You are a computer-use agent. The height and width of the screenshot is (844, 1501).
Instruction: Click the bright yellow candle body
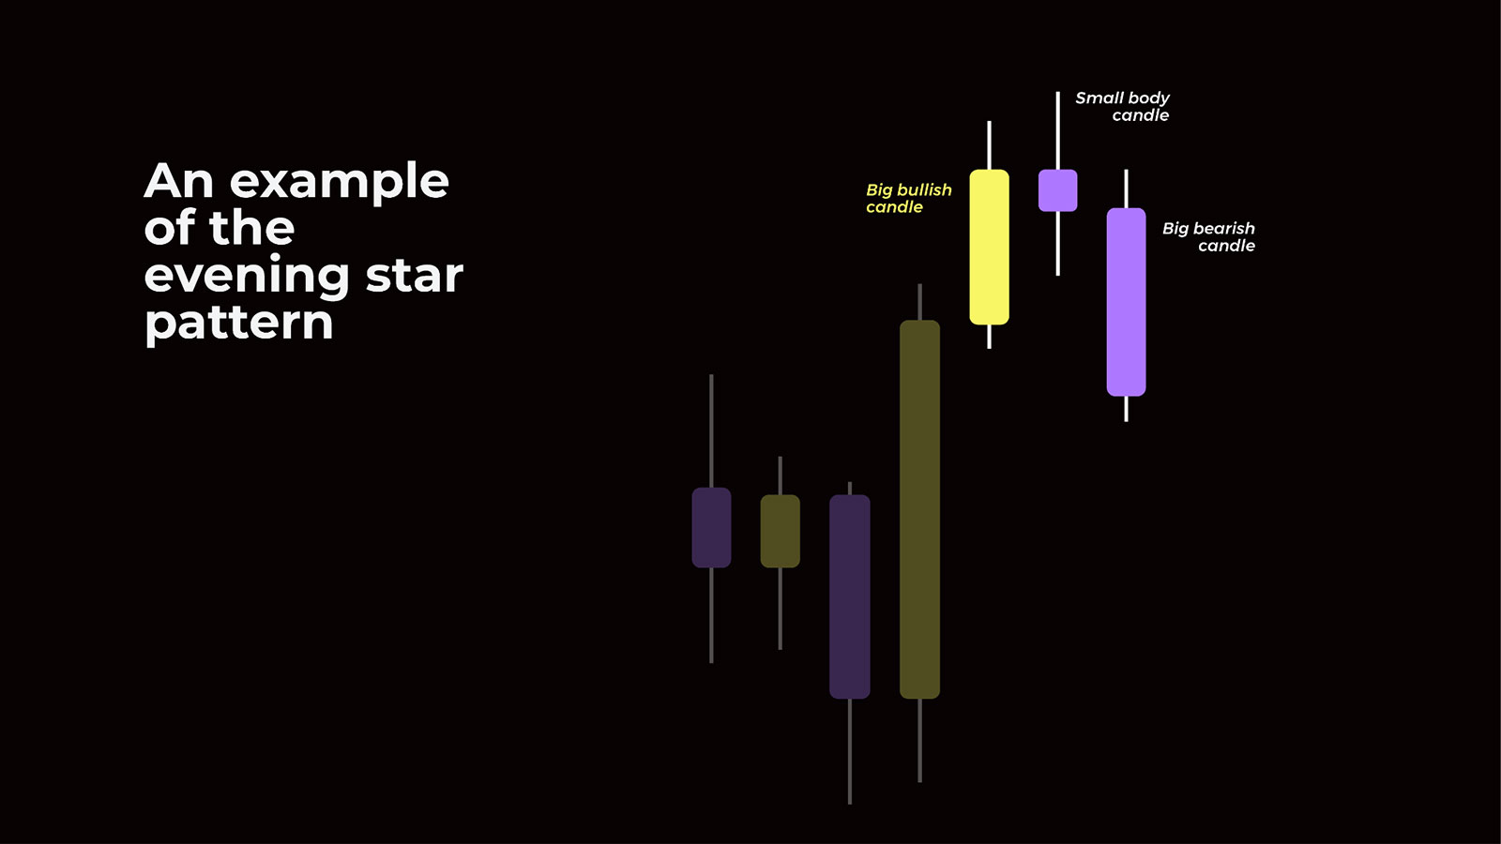coord(989,248)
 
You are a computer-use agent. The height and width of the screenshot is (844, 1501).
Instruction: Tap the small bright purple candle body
coord(1058,190)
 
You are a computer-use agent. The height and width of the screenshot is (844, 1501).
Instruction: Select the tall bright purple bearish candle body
coord(1127,302)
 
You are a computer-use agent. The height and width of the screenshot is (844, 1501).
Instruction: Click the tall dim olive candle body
coord(919,510)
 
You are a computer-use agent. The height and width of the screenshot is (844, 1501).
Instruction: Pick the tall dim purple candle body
coord(850,596)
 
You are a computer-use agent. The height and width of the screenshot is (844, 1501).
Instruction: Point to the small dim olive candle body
coord(780,531)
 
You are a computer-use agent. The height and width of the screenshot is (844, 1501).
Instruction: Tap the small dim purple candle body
coord(712,528)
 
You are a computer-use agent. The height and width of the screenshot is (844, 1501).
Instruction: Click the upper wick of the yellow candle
coord(989,145)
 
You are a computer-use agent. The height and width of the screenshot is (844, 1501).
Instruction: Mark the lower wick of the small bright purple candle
coord(1058,244)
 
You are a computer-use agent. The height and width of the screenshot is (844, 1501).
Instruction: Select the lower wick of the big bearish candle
coord(1127,409)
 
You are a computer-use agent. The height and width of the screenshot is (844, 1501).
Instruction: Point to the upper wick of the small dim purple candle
coord(712,431)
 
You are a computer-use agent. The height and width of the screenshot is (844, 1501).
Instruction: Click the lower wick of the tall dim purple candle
coord(850,751)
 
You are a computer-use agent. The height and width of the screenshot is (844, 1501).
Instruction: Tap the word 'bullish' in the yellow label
coord(927,190)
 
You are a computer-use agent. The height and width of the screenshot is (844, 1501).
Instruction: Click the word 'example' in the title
coord(339,183)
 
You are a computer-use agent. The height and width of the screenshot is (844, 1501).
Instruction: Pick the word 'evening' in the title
coord(247,278)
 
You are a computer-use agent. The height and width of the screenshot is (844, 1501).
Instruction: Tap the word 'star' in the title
coord(415,275)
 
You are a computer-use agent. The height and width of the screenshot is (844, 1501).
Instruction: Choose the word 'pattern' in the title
coord(238,324)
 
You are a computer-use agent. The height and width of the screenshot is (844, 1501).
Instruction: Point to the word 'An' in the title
coord(178,181)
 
